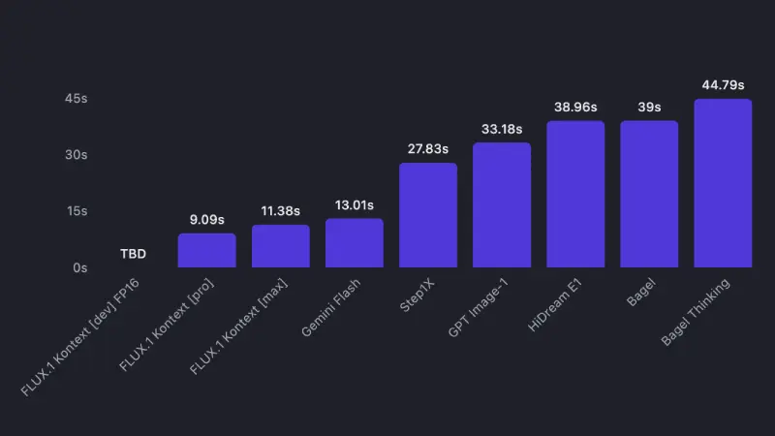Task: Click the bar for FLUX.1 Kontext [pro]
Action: click(206, 250)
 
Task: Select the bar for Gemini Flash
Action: click(355, 243)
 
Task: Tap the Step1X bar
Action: click(428, 215)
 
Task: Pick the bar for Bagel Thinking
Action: click(723, 183)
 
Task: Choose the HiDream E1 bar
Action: click(575, 194)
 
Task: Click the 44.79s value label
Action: click(723, 85)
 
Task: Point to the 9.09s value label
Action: click(206, 220)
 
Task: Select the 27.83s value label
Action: click(428, 149)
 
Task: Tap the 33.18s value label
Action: click(502, 129)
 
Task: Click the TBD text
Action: click(133, 254)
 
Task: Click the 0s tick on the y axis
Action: click(79, 267)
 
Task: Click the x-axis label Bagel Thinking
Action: click(696, 313)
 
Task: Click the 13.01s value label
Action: click(355, 205)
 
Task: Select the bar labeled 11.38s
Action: click(281, 246)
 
